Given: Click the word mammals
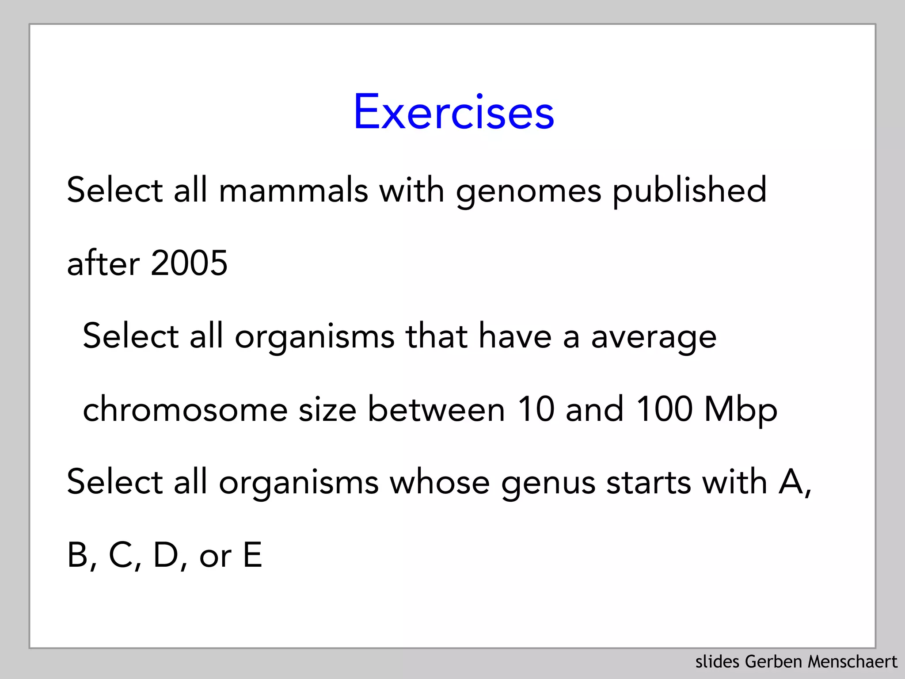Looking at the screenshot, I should coord(293,190).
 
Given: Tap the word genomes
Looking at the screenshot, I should coord(529,191).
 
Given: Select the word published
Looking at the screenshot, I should coord(689,190).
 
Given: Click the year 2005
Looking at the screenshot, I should coord(189,263).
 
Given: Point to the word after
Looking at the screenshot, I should coord(103,263).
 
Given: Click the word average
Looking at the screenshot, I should coord(654,337).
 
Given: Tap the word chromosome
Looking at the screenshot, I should coord(185,409).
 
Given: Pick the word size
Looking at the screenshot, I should coord(327,409).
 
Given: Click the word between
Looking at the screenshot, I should coord(436,409).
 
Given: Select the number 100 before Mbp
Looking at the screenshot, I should coord(664,409).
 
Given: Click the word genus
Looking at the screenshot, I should coord(548,483).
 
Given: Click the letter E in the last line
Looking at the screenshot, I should coord(252,555).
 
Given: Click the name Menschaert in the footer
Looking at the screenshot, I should coord(852,662).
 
